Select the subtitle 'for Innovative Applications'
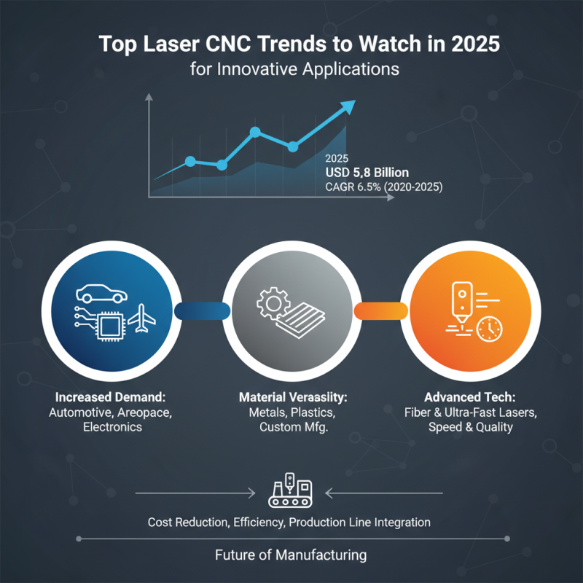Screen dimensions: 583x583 tap(291, 70)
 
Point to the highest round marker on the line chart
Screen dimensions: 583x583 tap(255, 133)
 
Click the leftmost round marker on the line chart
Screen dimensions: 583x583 tap(190, 160)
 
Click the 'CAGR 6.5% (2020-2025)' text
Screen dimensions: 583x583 tap(383, 187)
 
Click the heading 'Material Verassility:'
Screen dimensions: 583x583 tap(291, 399)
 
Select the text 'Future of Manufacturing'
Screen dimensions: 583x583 tap(291, 555)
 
